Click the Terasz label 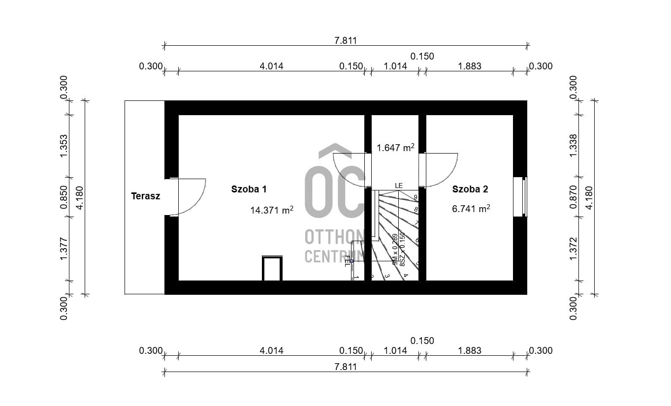pyautogui.click(x=145, y=196)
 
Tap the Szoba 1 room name pyautogui.click(x=249, y=189)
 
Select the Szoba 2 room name pyautogui.click(x=470, y=189)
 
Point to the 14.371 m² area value pyautogui.click(x=272, y=210)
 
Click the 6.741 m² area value pyautogui.click(x=471, y=209)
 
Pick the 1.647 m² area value pyautogui.click(x=395, y=147)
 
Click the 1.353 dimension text pyautogui.click(x=64, y=146)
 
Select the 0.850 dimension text pyautogui.click(x=64, y=197)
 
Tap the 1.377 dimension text pyautogui.click(x=64, y=249)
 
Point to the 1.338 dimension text pyautogui.click(x=573, y=146)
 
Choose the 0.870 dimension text pyautogui.click(x=573, y=197)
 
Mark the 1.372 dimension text pyautogui.click(x=573, y=249)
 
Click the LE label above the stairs pyautogui.click(x=398, y=186)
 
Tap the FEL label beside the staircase pyautogui.click(x=348, y=260)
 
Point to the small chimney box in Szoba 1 pyautogui.click(x=272, y=268)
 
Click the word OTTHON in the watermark pyautogui.click(x=334, y=237)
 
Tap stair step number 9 pyautogui.click(x=415, y=197)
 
